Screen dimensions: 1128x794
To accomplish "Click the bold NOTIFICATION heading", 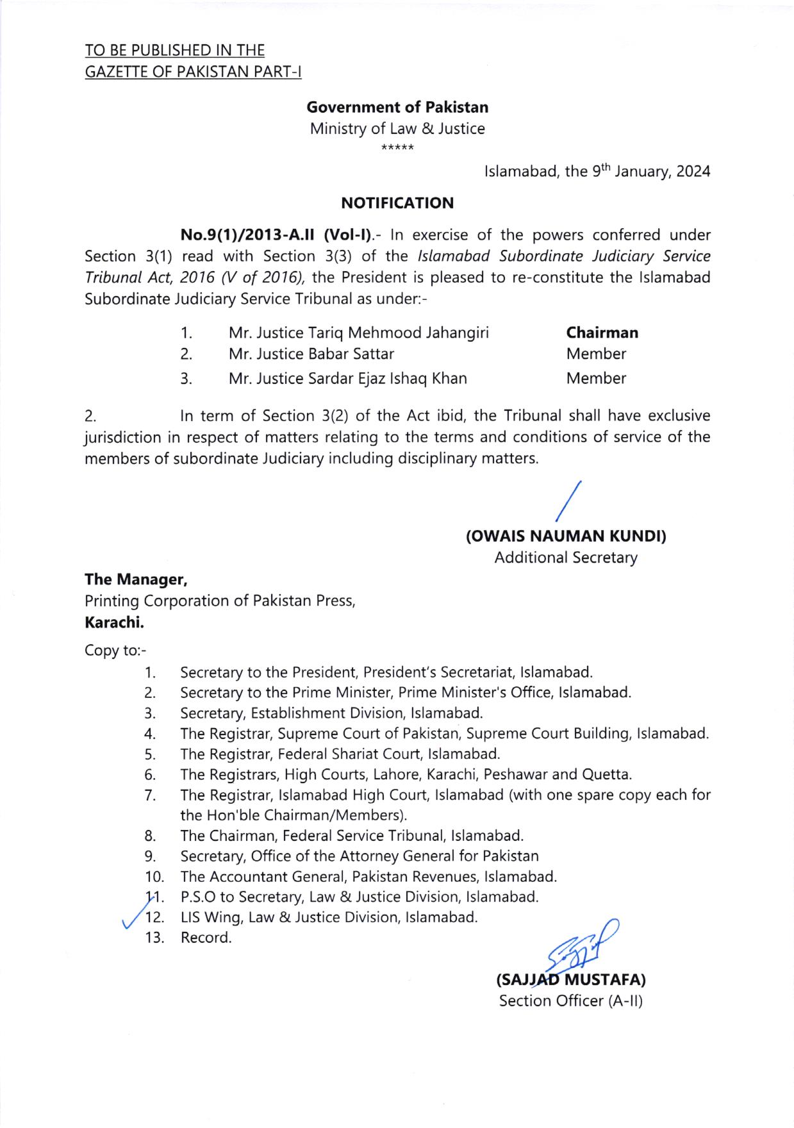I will point(397,204).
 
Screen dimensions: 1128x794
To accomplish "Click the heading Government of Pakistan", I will point(397,107).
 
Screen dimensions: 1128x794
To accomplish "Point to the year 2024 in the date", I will point(693,172).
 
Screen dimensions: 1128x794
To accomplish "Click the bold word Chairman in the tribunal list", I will point(602,333).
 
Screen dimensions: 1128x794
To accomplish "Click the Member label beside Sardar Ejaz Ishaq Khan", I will point(596,378).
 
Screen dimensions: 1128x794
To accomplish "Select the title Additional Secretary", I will point(566,558).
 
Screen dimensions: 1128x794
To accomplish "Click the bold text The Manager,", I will point(136,579).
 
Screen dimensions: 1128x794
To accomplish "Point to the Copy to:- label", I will point(115,651).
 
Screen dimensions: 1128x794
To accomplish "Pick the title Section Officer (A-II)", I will point(570,1000).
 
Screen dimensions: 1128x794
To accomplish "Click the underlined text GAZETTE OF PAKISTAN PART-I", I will point(193,71).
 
